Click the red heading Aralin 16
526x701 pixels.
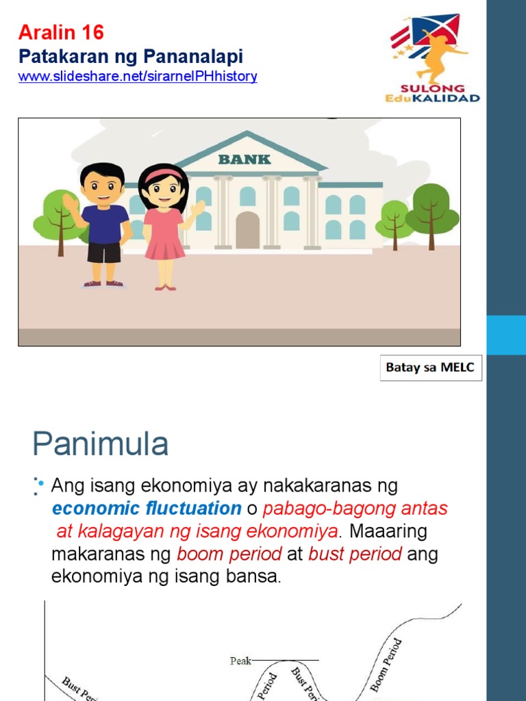pyautogui.click(x=61, y=32)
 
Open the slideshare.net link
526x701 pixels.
pyautogui.click(x=138, y=77)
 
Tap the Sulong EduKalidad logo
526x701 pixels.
pyautogui.click(x=432, y=59)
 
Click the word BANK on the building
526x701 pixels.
pyautogui.click(x=245, y=160)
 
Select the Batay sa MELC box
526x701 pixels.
pyautogui.click(x=431, y=368)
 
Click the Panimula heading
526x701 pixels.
pyautogui.click(x=100, y=445)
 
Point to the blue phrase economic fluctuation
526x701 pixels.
pyautogui.click(x=147, y=509)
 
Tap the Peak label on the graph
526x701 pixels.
pyautogui.click(x=240, y=661)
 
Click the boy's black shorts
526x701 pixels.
pyautogui.click(x=104, y=253)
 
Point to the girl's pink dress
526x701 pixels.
pyautogui.click(x=164, y=233)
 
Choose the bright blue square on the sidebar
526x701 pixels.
pyautogui.click(x=506, y=335)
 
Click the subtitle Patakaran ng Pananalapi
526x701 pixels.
pyautogui.click(x=130, y=56)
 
